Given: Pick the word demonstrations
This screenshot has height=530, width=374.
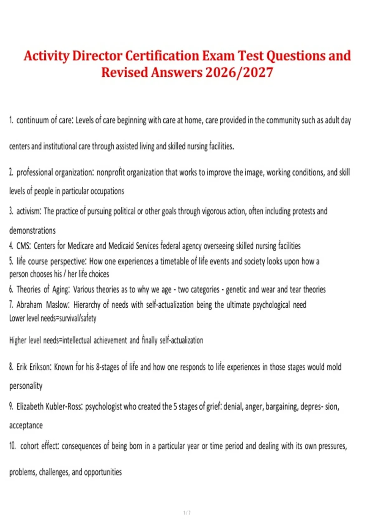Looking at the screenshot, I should (32, 231).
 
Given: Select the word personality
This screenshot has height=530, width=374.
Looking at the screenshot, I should (26, 386).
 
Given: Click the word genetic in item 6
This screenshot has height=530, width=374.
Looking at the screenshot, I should (236, 290).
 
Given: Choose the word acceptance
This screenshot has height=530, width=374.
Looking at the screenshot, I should (26, 426).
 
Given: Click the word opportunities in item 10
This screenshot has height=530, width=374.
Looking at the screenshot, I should (103, 472).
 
